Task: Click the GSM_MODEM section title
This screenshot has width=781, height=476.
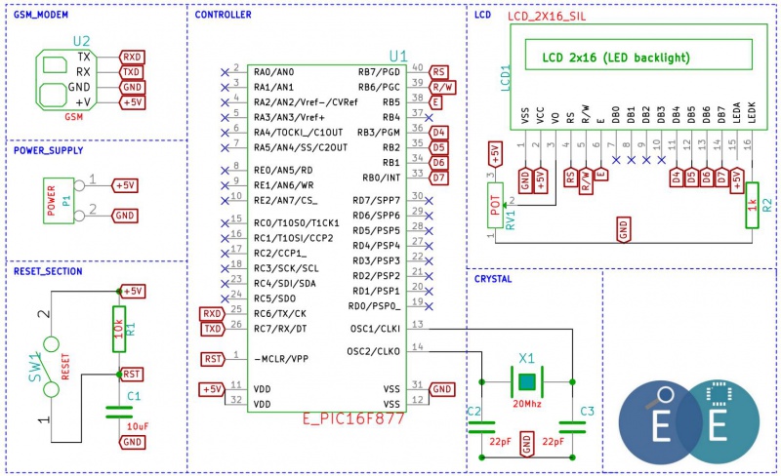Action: coord(41,15)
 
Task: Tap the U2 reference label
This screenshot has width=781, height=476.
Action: coord(82,41)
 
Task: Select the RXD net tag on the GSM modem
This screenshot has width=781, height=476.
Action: coord(132,57)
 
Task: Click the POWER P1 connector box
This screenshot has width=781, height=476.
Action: coord(59,201)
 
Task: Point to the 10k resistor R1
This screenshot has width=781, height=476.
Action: coord(119,329)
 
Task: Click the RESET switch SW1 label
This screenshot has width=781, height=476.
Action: coord(35,368)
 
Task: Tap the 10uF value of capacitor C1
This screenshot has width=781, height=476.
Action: coord(138,426)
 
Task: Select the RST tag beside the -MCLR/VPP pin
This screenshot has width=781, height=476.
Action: coord(213,359)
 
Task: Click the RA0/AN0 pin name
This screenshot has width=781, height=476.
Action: coord(274,72)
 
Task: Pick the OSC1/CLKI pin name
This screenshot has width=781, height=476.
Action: coord(375,329)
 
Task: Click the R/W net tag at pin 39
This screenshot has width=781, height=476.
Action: coord(442,87)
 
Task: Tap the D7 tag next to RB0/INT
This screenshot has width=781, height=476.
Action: coord(438,178)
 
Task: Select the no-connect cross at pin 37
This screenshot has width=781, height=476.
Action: coord(429,118)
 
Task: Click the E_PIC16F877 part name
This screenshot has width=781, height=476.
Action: coord(353,418)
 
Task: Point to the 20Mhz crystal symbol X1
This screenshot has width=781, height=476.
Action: coord(527,382)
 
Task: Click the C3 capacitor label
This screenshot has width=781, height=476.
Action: coord(588,412)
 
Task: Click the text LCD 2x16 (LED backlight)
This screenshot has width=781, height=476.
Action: coord(616,58)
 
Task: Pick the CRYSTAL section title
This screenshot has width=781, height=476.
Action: coord(493,279)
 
